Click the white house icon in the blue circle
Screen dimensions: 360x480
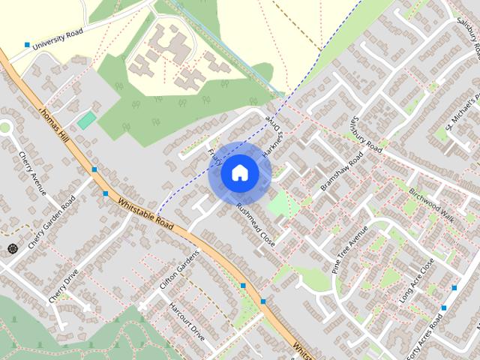point(239,173)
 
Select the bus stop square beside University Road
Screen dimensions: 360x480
point(27,46)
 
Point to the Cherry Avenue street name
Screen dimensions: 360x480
point(33,173)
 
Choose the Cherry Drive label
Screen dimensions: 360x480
point(64,286)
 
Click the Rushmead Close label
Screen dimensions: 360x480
point(256,225)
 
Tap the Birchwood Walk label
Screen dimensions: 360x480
point(433,201)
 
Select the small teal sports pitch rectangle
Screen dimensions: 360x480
point(86,120)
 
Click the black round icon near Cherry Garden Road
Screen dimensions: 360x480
point(11,248)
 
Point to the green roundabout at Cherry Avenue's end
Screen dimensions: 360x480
point(5,127)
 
